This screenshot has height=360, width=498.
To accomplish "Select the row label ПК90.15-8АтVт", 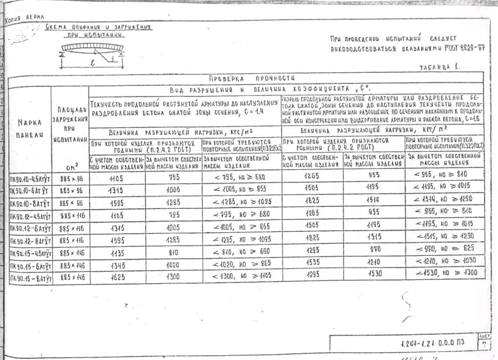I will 30,277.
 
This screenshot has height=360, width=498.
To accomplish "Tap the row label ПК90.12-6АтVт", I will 30,228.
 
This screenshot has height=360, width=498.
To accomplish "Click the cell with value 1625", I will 116,277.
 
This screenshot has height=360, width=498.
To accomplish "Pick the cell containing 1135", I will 116,252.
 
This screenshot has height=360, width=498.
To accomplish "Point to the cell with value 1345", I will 116,265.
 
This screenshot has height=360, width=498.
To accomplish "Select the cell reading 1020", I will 172,265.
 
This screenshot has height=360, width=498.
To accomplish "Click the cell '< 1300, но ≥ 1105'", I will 241,277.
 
